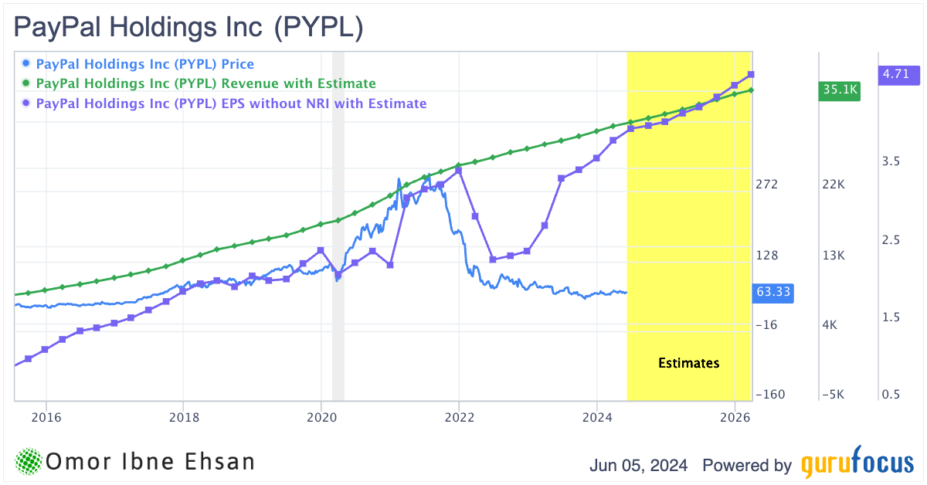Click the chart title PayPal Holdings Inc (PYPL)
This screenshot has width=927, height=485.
tap(188, 28)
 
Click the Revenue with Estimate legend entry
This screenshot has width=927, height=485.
tap(205, 83)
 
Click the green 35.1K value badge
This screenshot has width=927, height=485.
tap(840, 90)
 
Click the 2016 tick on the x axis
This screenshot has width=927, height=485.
tap(46, 418)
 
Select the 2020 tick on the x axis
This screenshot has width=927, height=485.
tap(321, 418)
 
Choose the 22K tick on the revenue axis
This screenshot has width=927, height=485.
tap(834, 185)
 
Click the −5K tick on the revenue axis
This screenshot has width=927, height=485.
tap(834, 395)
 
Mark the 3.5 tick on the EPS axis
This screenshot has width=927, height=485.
tap(891, 161)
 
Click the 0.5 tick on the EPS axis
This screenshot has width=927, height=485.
tap(891, 395)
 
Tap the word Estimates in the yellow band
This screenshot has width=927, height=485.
tap(688, 362)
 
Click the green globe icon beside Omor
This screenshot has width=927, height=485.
tap(29, 462)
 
